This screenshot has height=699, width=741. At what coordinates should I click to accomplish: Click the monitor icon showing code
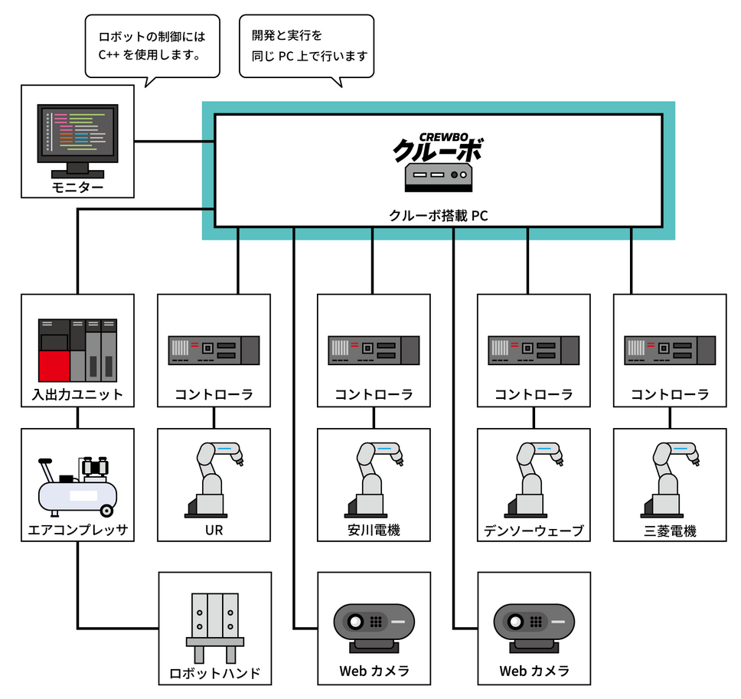click(x=77, y=138)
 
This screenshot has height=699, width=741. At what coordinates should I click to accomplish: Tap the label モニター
click(x=77, y=188)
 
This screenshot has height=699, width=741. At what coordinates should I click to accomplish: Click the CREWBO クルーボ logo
click(x=438, y=146)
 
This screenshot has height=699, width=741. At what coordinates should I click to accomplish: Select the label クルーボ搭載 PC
click(x=438, y=216)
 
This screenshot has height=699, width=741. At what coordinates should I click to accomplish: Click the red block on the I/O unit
click(x=54, y=366)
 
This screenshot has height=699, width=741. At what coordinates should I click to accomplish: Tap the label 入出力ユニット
click(x=77, y=397)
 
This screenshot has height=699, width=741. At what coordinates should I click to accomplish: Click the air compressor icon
click(x=77, y=487)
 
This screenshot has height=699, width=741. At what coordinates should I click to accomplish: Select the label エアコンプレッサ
click(x=77, y=531)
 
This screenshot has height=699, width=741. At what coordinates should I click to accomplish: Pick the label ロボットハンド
click(x=214, y=674)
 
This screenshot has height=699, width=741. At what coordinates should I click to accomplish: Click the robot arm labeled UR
click(x=214, y=479)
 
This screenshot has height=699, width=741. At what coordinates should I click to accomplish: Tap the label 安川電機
click(x=374, y=531)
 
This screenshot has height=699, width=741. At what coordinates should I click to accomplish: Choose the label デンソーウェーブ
click(x=534, y=531)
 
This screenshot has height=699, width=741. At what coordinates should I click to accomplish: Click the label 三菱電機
click(x=670, y=531)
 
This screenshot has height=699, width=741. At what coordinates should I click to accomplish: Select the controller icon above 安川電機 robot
click(x=374, y=350)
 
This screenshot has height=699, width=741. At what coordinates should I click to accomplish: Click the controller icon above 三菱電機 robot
click(x=670, y=350)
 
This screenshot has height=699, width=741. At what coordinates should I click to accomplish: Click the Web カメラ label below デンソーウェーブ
click(x=534, y=671)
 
